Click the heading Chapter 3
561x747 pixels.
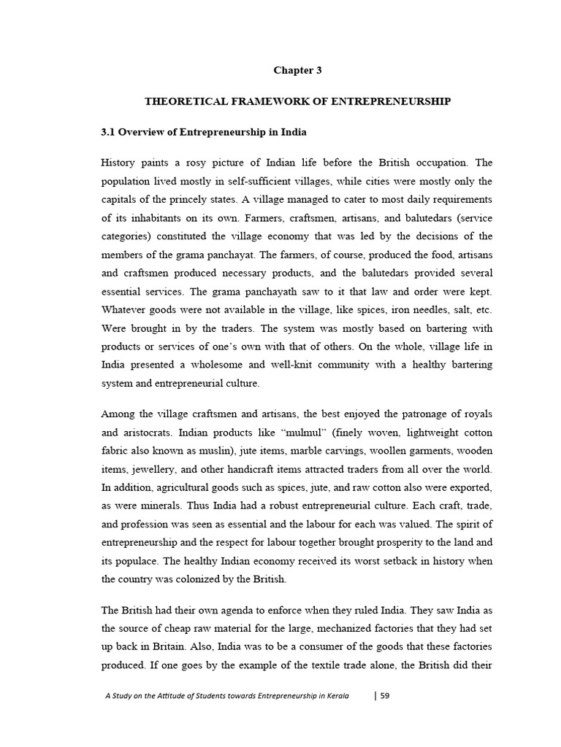pyautogui.click(x=297, y=71)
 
